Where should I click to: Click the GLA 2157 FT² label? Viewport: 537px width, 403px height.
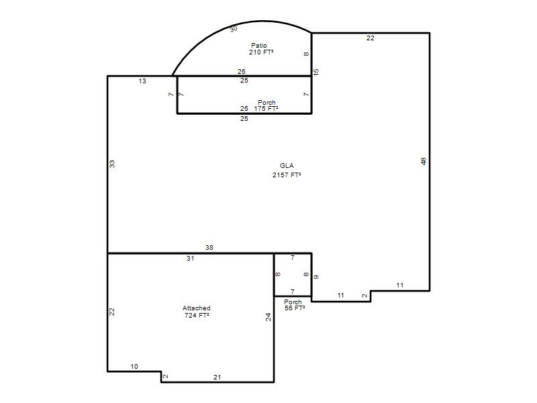pos(287,171)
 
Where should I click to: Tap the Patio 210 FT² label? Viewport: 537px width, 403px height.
pos(261,48)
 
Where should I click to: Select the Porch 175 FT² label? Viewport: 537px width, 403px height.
pos(266,105)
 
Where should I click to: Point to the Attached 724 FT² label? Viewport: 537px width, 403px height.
pos(197,312)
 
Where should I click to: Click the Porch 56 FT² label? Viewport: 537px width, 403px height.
pos(294,305)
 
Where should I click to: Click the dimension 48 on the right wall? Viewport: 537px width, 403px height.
pos(424,161)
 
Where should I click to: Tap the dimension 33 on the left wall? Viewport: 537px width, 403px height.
pos(112,164)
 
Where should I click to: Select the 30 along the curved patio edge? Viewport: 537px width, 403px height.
pos(234,29)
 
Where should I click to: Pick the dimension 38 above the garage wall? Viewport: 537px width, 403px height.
pos(209,247)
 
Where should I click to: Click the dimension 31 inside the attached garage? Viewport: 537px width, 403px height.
pos(191,259)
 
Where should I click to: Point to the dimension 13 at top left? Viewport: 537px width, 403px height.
pos(142,81)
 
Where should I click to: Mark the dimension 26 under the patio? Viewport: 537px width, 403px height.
pos(242,71)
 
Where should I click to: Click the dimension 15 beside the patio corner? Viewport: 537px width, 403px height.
pos(315,72)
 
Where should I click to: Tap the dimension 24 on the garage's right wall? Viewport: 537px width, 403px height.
pos(268,317)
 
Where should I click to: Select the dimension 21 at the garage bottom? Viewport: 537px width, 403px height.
pos(217,377)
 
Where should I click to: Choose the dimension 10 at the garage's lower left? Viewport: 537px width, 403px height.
pos(134,366)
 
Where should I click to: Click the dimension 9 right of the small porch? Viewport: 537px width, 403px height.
pos(315,277)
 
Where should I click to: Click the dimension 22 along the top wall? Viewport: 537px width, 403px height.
pos(371,38)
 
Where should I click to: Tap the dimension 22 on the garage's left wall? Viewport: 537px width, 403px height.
pos(112,312)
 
